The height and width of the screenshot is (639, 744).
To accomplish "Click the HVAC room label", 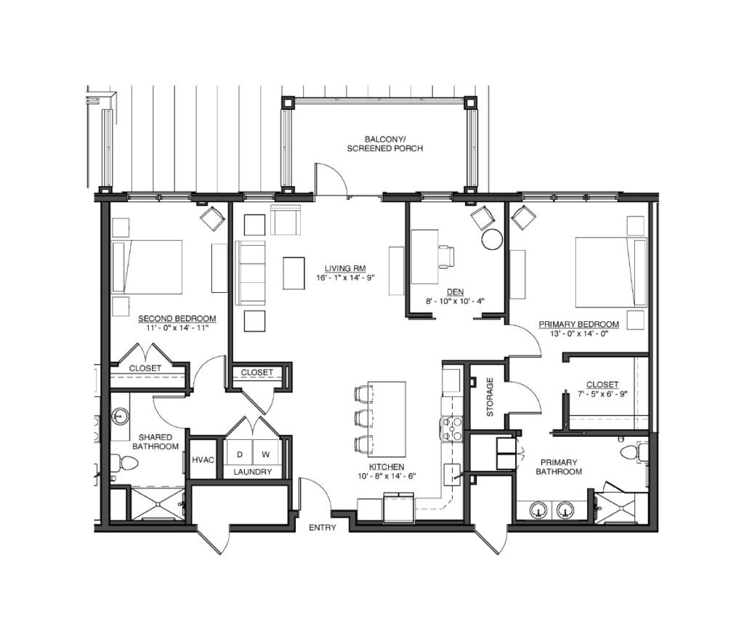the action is tap(203, 459).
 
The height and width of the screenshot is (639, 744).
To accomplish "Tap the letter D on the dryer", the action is tap(240, 454).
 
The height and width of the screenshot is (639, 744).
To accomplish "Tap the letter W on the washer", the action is tap(266, 454).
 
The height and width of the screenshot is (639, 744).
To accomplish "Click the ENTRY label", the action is tap(322, 528).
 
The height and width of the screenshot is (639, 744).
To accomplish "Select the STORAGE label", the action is tap(490, 397).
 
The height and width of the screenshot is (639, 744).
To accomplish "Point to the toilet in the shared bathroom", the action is tap(124, 462).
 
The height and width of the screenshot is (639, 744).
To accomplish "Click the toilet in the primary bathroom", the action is tap(634, 451).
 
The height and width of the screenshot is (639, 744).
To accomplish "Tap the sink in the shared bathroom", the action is tap(120, 417).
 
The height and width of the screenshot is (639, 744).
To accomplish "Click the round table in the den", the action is tap(492, 239).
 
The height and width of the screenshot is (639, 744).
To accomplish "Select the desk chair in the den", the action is tap(447, 257).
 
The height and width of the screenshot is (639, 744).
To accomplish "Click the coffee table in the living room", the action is tap(294, 273).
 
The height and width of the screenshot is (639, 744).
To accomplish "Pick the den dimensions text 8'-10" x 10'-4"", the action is tap(455, 301).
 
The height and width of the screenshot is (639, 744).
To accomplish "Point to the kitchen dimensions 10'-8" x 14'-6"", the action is tap(387, 476).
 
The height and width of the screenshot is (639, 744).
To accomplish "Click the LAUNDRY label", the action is tap(252, 472).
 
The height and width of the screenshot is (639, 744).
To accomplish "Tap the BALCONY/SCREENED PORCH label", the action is tap(385, 144).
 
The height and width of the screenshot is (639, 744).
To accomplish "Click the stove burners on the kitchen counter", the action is tap(452, 428).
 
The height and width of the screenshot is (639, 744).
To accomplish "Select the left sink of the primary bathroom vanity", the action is tap(538, 510).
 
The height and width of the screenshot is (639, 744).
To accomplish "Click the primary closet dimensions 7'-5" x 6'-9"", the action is tap(602, 393).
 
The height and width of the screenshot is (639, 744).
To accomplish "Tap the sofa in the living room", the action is tap(251, 273).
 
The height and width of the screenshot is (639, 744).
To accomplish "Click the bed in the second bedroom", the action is tap(147, 267).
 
